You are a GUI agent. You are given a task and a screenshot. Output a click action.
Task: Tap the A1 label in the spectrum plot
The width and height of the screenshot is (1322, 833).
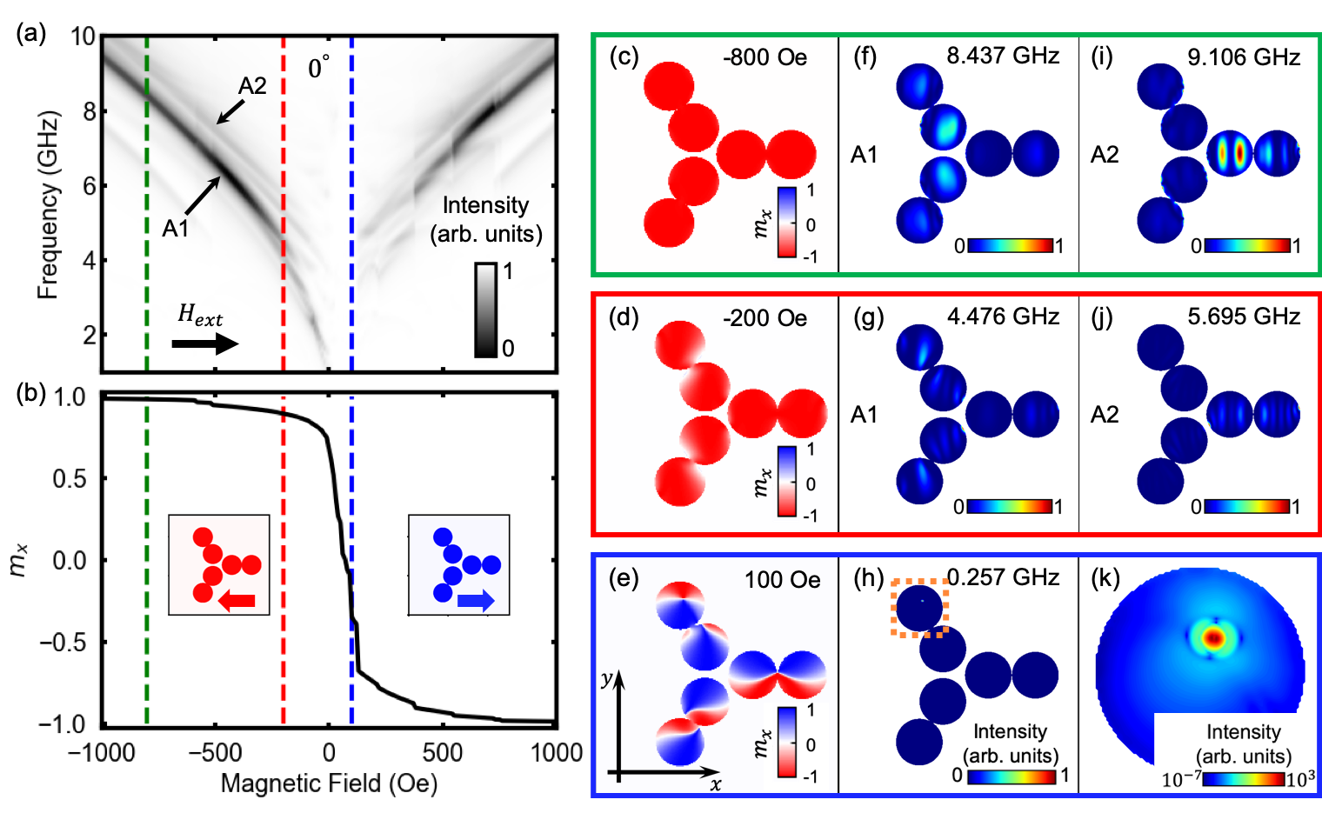(175, 228)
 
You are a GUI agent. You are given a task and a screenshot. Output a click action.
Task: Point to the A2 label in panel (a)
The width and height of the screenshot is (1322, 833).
(252, 85)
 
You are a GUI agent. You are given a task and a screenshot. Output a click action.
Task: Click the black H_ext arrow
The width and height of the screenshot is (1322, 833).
(204, 343)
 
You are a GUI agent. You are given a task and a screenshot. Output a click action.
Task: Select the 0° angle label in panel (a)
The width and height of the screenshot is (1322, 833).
(318, 67)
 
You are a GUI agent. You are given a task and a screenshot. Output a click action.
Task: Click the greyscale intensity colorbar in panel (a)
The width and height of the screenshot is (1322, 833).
(485, 310)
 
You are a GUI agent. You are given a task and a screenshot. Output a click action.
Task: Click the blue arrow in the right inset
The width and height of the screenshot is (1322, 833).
(475, 600)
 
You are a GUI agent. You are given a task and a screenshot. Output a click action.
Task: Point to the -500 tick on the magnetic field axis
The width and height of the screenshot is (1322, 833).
(215, 752)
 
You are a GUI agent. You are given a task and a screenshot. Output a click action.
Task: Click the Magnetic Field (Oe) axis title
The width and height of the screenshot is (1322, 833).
(329, 783)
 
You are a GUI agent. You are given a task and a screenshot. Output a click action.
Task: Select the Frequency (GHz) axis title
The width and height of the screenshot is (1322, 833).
(48, 205)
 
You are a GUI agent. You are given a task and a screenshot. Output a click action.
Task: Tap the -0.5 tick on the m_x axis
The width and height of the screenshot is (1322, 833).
(63, 643)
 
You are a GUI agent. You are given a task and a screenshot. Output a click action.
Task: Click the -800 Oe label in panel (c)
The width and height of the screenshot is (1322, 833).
(764, 57)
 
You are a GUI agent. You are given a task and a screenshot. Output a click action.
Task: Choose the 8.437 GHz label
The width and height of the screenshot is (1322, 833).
(1003, 57)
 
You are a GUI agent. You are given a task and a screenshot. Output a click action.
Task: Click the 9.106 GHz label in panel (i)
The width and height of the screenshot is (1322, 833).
(1244, 57)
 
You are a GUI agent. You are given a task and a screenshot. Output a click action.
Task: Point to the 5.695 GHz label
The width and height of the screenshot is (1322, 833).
(1244, 317)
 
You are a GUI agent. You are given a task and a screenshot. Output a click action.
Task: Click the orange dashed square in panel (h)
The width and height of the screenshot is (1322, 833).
(919, 608)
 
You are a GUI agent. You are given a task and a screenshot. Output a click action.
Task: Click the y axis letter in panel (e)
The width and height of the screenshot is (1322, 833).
(607, 679)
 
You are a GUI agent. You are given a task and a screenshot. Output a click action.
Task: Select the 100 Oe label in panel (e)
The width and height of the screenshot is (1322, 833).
(782, 579)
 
